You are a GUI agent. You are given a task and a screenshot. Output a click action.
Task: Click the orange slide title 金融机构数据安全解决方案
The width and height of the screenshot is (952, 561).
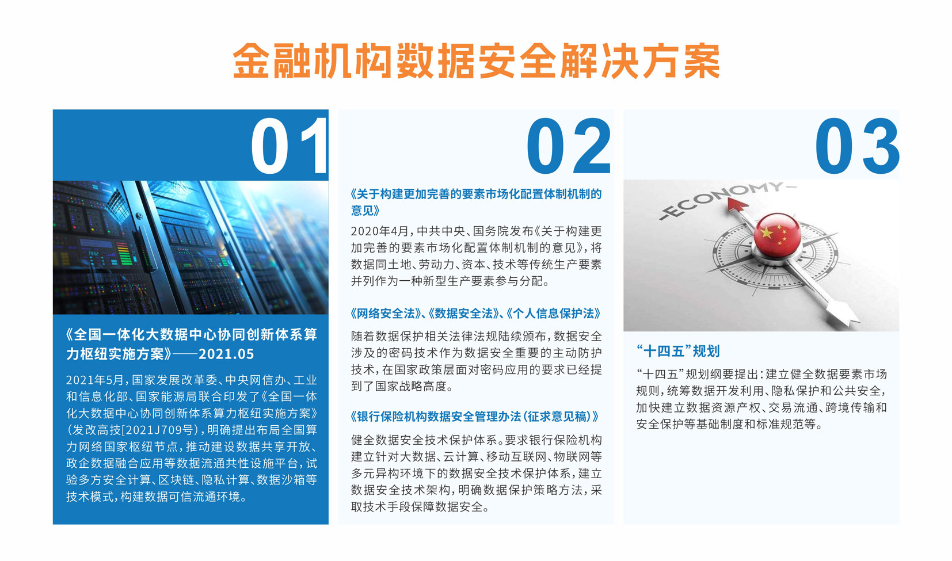click(x=476, y=61)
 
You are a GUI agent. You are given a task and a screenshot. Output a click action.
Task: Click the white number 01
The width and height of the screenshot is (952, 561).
click(x=290, y=146)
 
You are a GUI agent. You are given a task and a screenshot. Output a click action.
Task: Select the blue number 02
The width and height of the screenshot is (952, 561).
click(x=568, y=146)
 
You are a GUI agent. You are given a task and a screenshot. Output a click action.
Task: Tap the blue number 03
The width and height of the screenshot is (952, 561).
click(x=857, y=146)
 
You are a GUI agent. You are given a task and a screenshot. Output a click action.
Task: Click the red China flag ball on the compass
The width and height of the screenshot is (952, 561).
click(x=777, y=234)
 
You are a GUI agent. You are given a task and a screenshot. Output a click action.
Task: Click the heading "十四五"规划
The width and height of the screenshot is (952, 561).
click(x=678, y=351)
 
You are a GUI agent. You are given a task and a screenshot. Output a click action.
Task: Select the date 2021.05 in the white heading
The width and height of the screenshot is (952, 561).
click(x=226, y=354)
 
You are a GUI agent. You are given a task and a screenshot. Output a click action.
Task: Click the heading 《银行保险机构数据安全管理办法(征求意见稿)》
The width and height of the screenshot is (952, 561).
click(x=475, y=417)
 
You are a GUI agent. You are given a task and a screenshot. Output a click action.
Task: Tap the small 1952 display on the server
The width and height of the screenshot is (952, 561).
click(x=93, y=253)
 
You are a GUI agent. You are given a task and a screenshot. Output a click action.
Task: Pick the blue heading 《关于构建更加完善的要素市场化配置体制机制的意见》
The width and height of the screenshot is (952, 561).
click(x=476, y=202)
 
